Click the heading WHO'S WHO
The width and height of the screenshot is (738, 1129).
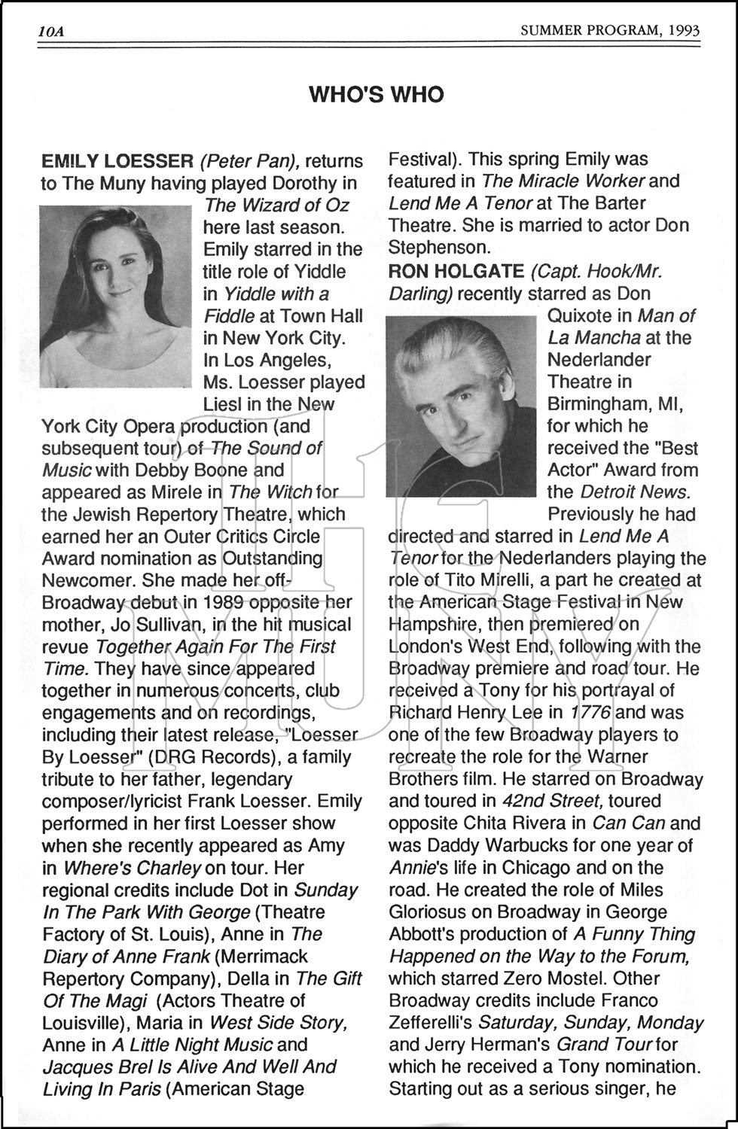pyautogui.click(x=377, y=95)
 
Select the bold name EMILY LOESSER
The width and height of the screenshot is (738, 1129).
pyautogui.click(x=117, y=161)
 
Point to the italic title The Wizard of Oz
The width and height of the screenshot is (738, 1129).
pyautogui.click(x=277, y=205)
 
